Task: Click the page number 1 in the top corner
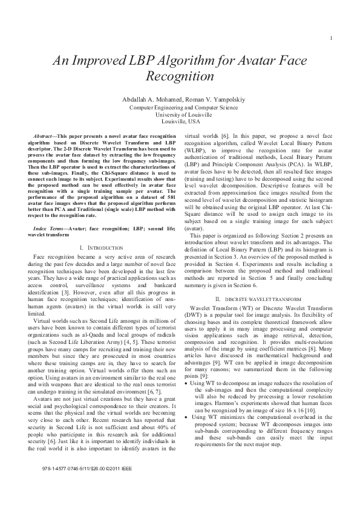coord(332,40)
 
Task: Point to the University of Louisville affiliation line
coord(180,114)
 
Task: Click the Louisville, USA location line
coord(180,121)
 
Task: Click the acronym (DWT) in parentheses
coord(195,316)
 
